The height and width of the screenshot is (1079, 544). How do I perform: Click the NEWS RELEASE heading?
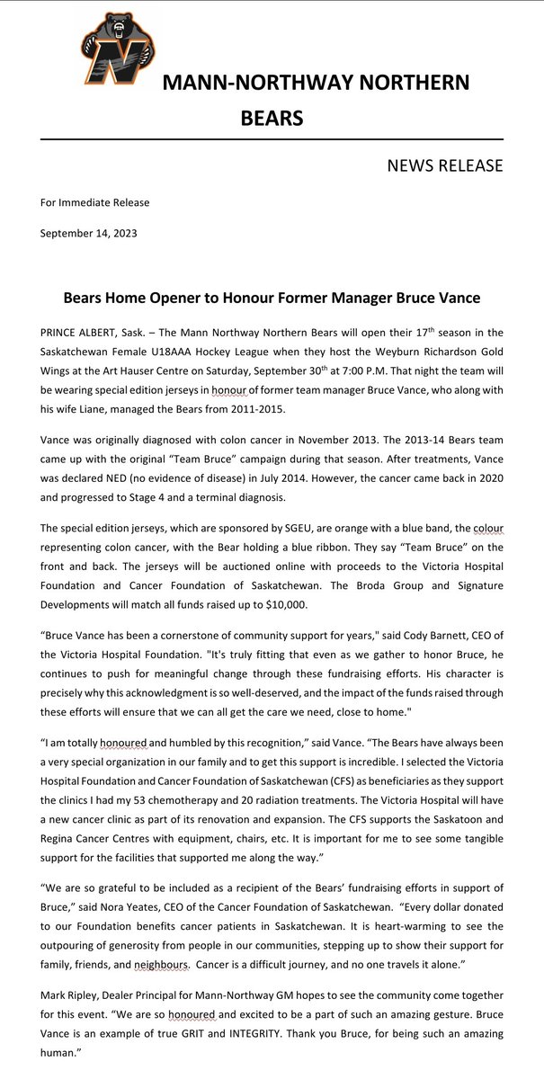click(x=444, y=165)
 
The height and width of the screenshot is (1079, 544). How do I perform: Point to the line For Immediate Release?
click(x=94, y=202)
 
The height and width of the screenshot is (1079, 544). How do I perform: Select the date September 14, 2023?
click(x=88, y=233)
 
